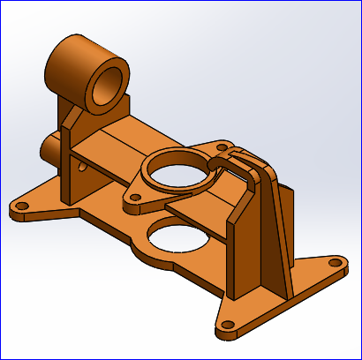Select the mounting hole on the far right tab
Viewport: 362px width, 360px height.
pyautogui.click(x=333, y=263)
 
